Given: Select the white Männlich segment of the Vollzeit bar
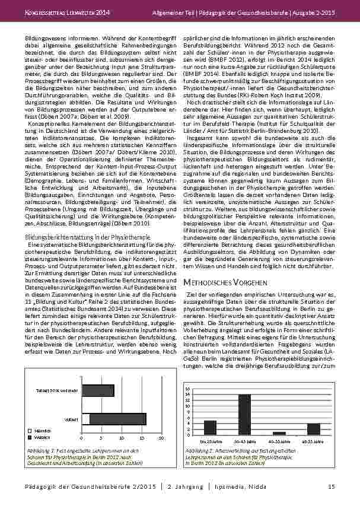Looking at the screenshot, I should (x=87, y=419).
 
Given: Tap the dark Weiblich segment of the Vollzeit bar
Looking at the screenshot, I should (x=118, y=419).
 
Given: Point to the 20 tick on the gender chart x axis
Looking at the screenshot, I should (x=161, y=438).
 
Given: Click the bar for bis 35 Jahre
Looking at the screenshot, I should (x=210, y=428).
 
